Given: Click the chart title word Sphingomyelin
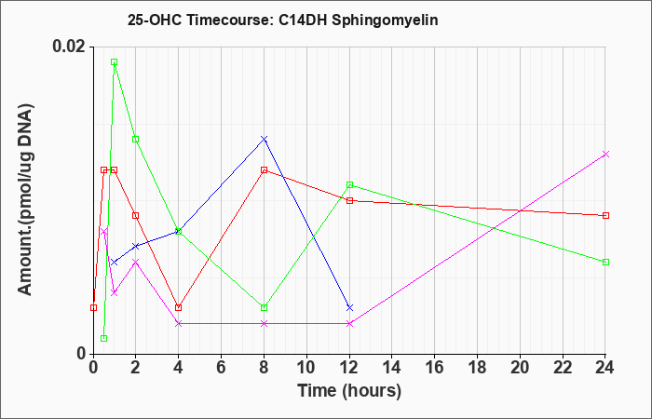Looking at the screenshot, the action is tap(385, 20).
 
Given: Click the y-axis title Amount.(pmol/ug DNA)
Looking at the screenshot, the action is tap(25, 199).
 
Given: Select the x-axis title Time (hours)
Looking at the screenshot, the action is tap(349, 391).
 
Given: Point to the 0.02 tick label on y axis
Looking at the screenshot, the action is tap(69, 47).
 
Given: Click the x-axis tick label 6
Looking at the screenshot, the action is tap(222, 368).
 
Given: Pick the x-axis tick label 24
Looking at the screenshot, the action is tap(605, 368).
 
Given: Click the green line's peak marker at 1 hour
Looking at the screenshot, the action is tap(114, 62).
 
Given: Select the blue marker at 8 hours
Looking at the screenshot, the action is tap(264, 139).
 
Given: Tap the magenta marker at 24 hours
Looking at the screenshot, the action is tap(605, 155).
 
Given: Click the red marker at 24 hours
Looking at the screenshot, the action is tap(605, 215).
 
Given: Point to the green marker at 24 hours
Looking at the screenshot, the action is tap(605, 262).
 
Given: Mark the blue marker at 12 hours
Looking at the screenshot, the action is tap(349, 307).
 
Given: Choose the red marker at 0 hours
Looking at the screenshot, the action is tap(93, 307).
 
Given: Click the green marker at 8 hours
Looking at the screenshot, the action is tap(264, 307).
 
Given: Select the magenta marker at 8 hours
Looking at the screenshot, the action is tap(264, 323).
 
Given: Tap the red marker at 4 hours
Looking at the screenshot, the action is tap(179, 307).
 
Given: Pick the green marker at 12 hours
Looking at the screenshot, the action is tap(349, 185).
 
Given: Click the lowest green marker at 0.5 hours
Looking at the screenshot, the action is tap(104, 338).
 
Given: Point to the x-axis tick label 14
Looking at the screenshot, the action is tap(392, 368).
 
